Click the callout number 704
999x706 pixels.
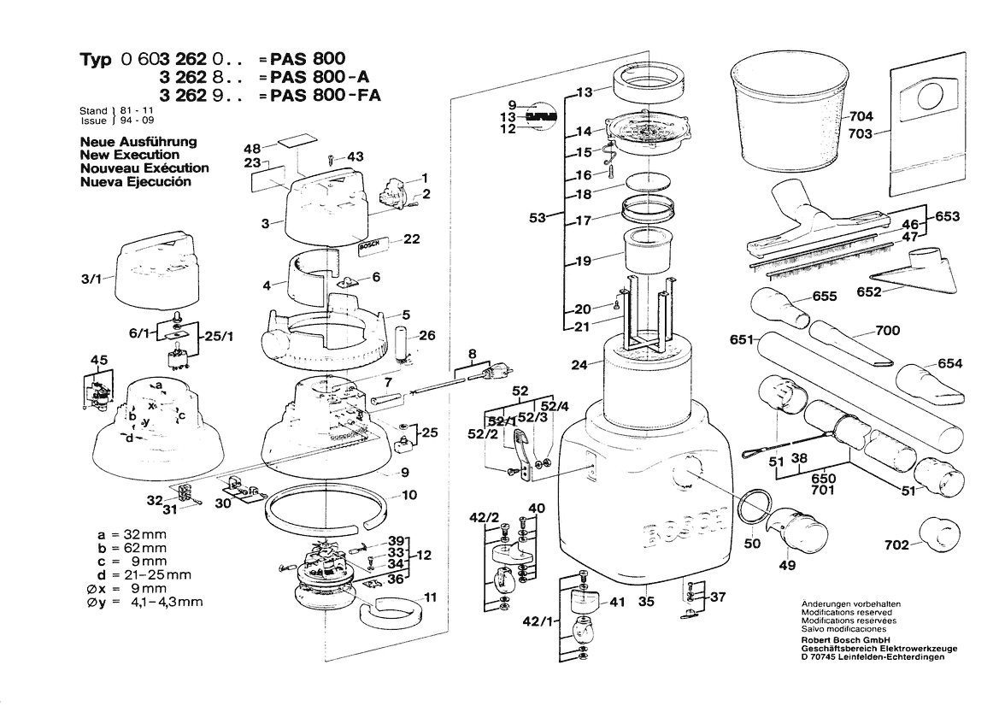862,116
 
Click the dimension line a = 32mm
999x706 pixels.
132,534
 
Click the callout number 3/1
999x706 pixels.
92,279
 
